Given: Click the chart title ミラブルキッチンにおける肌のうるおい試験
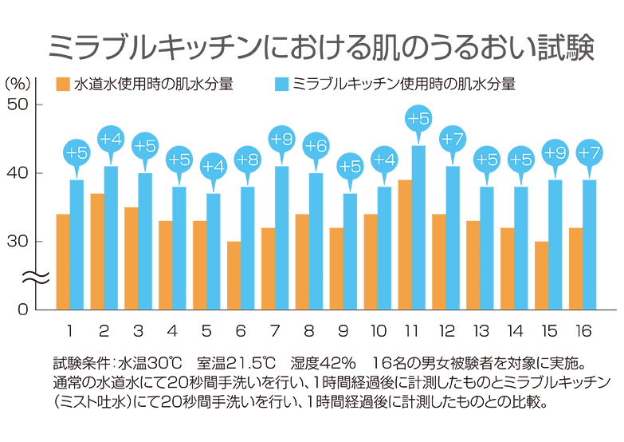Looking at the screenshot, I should point(320,46).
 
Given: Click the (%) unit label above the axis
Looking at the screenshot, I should point(17,83).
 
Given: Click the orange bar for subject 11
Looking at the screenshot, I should point(404,244).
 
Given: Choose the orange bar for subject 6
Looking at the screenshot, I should point(234,275).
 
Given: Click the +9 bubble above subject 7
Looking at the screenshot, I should point(282,140).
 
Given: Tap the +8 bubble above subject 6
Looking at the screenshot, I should point(248,159).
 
